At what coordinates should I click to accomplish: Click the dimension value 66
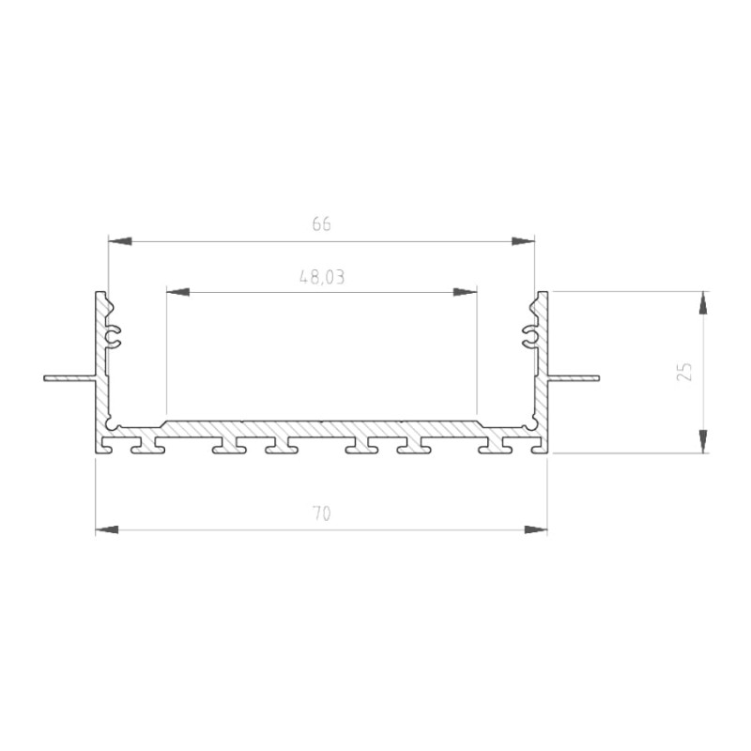[x=321, y=224]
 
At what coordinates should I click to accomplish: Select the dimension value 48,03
[x=321, y=277]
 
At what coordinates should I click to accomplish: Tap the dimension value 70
[x=321, y=513]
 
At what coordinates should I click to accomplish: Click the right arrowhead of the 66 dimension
[x=523, y=241]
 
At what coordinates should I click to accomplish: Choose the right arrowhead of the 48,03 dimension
[x=465, y=292]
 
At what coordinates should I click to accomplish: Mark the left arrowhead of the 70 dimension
[x=108, y=530]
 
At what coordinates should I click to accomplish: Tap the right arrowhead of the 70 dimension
[x=535, y=530]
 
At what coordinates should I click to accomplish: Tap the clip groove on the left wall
[x=115, y=336]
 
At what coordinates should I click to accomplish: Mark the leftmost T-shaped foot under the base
[x=147, y=446]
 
